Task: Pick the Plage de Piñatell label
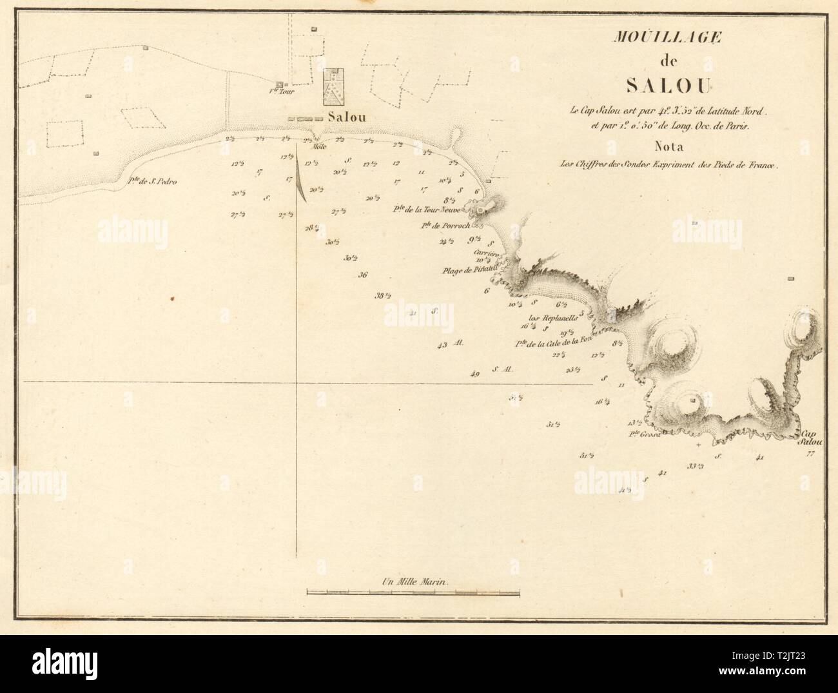pos(467,271)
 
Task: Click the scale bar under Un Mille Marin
pos(413,591)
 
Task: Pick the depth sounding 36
pos(363,275)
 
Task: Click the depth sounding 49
pos(475,374)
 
